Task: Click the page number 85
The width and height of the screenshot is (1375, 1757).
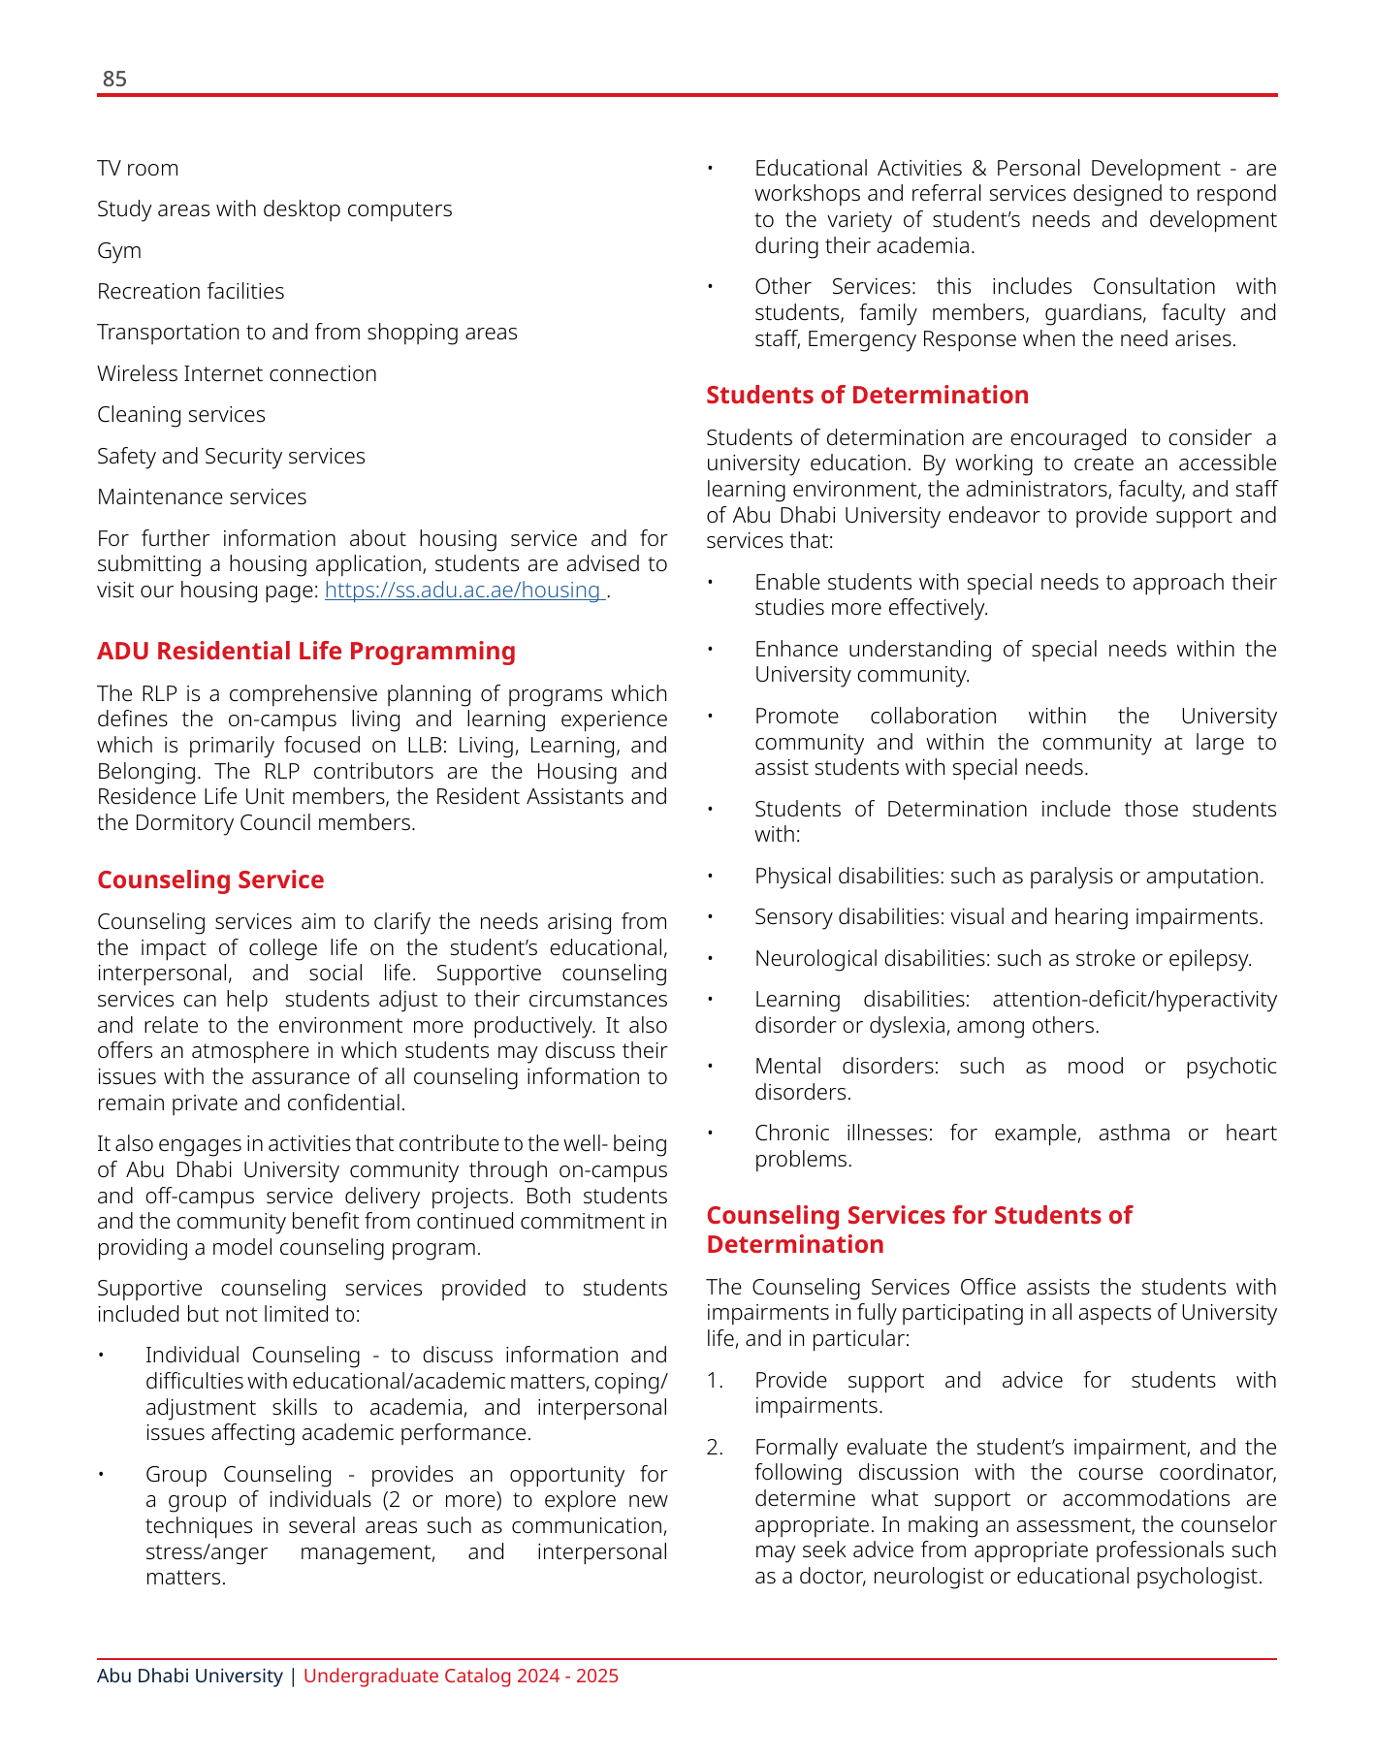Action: click(x=114, y=80)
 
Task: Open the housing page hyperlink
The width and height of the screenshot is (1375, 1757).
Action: click(x=464, y=591)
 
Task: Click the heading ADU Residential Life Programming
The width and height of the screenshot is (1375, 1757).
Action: click(x=306, y=651)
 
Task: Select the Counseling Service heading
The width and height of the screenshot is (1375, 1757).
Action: click(x=210, y=879)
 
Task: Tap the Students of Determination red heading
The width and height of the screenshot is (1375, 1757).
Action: click(x=867, y=395)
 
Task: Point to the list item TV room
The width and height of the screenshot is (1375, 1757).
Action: click(x=138, y=169)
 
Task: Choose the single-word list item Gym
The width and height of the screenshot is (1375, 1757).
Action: click(x=119, y=251)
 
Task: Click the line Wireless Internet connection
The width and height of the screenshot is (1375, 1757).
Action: click(x=237, y=374)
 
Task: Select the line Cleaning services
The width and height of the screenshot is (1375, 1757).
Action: click(x=181, y=415)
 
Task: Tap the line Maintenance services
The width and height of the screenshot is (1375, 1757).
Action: click(x=202, y=497)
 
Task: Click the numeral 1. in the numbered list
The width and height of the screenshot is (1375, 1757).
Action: click(x=715, y=1381)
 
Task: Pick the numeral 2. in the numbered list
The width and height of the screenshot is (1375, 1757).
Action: click(x=715, y=1448)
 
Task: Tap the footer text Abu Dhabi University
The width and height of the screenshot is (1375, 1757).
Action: click(x=190, y=1676)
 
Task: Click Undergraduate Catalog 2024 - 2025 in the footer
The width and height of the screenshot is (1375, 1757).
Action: click(x=461, y=1676)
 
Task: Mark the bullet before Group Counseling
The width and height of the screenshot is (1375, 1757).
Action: click(x=101, y=1475)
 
